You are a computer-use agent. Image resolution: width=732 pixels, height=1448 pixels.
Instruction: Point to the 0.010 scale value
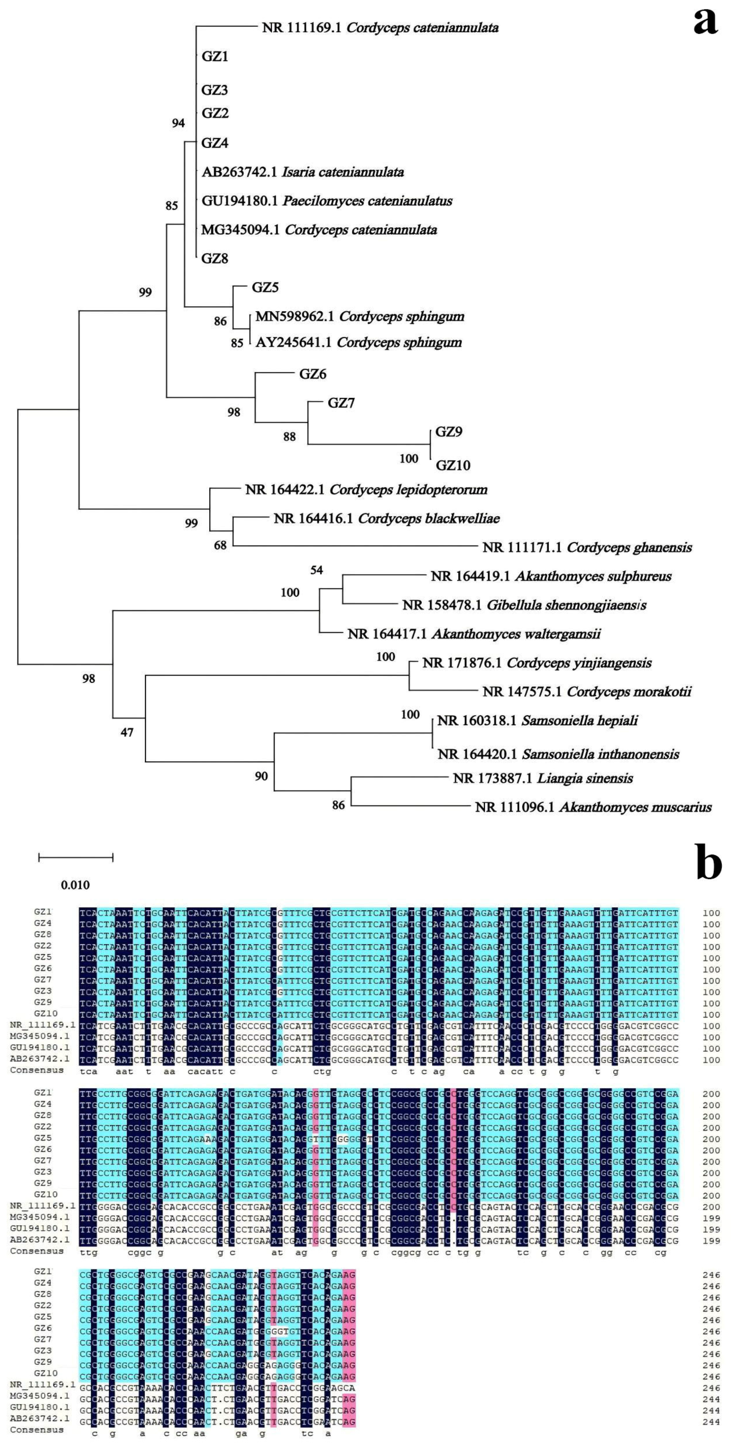(x=75, y=885)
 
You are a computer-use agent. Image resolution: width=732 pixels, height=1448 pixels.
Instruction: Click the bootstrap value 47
(x=127, y=732)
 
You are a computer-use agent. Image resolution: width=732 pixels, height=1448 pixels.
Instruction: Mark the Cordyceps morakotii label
(x=629, y=692)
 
